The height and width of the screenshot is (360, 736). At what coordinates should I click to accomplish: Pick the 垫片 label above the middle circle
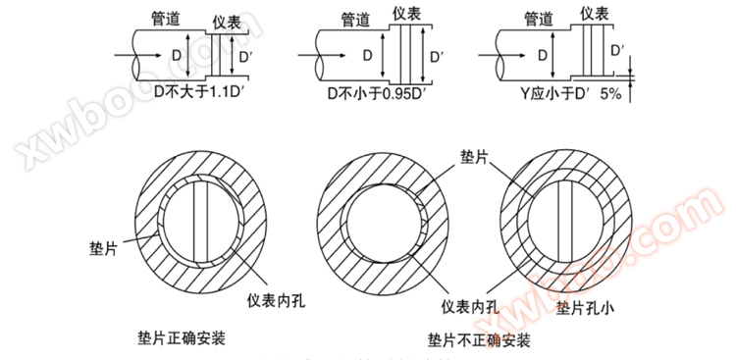(473, 157)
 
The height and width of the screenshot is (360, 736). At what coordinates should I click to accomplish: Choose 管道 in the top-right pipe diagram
(541, 18)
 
